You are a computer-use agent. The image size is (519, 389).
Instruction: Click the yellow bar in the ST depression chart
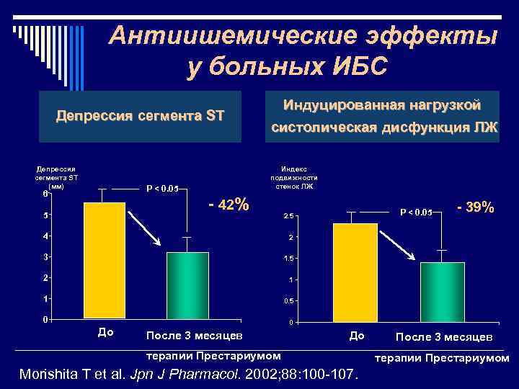coord(105,260)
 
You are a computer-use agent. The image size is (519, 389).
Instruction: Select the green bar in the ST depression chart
coord(187,285)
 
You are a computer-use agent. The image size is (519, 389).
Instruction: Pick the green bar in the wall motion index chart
coord(443,292)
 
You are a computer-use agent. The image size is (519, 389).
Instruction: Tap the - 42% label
coord(229,205)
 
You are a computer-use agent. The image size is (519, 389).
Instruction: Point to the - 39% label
coord(475,207)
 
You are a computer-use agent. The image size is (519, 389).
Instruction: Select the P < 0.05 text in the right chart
coord(416,212)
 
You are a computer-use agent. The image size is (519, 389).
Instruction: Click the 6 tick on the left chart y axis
coord(45,193)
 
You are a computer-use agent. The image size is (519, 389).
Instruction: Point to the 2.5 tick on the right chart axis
coord(288,216)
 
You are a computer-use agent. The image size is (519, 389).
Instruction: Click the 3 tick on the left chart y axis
coord(45,256)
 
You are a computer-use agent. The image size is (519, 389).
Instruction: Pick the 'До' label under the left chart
coord(105,332)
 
